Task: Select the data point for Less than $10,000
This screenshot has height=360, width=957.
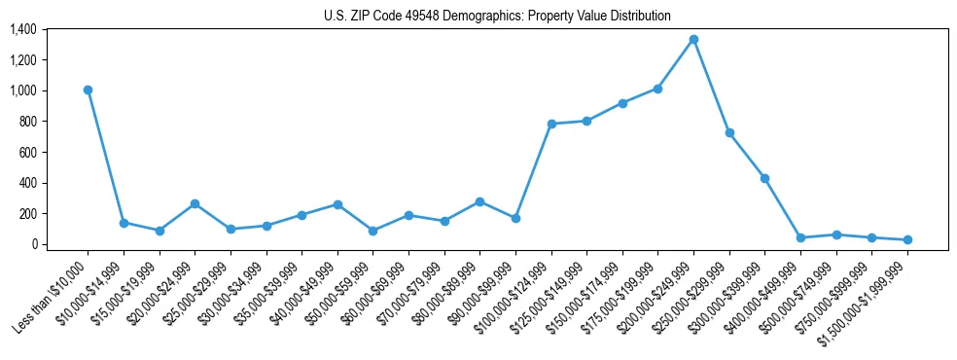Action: pos(88,90)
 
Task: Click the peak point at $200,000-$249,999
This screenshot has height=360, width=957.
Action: pos(693,39)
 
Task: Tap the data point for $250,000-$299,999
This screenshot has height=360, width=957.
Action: pos(729,132)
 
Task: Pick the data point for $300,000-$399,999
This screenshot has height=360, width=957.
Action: pos(765,178)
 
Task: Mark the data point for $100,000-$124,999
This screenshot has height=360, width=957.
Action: pos(551,124)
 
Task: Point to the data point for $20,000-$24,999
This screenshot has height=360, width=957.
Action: pos(195,203)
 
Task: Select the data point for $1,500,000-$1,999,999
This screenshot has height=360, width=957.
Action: pos(907,239)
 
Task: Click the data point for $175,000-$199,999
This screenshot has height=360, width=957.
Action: pos(658,89)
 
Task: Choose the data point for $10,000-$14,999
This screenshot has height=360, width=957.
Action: pos(124,223)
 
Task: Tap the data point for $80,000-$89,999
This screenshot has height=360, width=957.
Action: pos(480,201)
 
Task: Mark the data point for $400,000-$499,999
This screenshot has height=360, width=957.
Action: pos(800,237)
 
